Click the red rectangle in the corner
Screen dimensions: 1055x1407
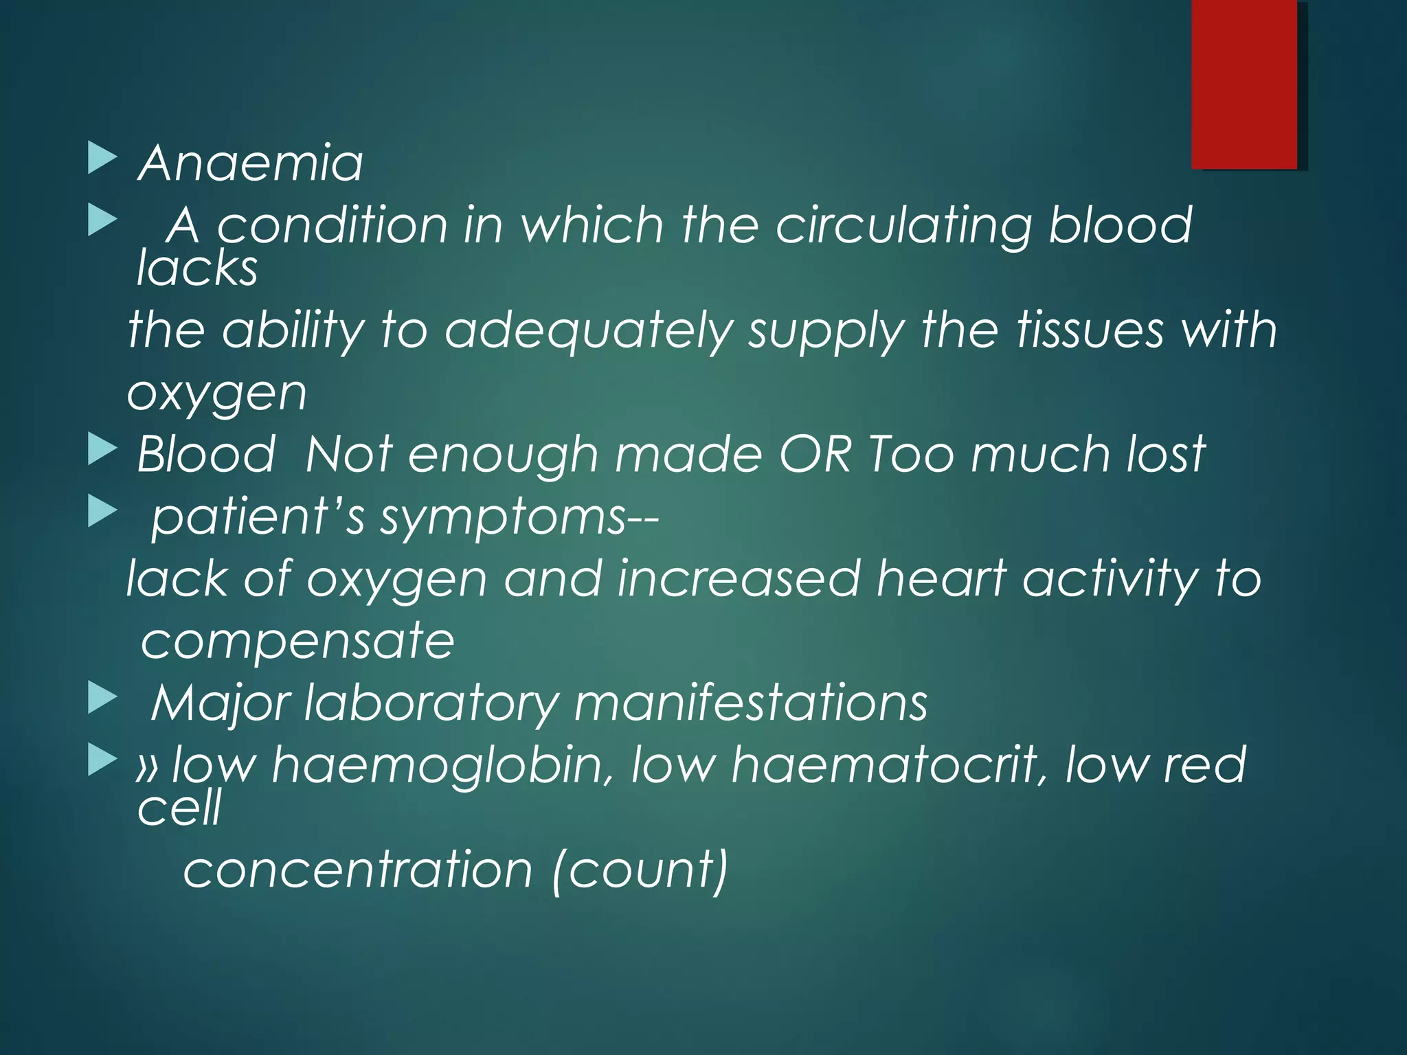click(1244, 84)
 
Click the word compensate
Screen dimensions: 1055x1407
click(297, 641)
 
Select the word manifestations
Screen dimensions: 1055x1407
click(751, 703)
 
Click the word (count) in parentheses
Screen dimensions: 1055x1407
click(640, 870)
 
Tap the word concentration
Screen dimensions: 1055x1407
click(358, 870)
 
